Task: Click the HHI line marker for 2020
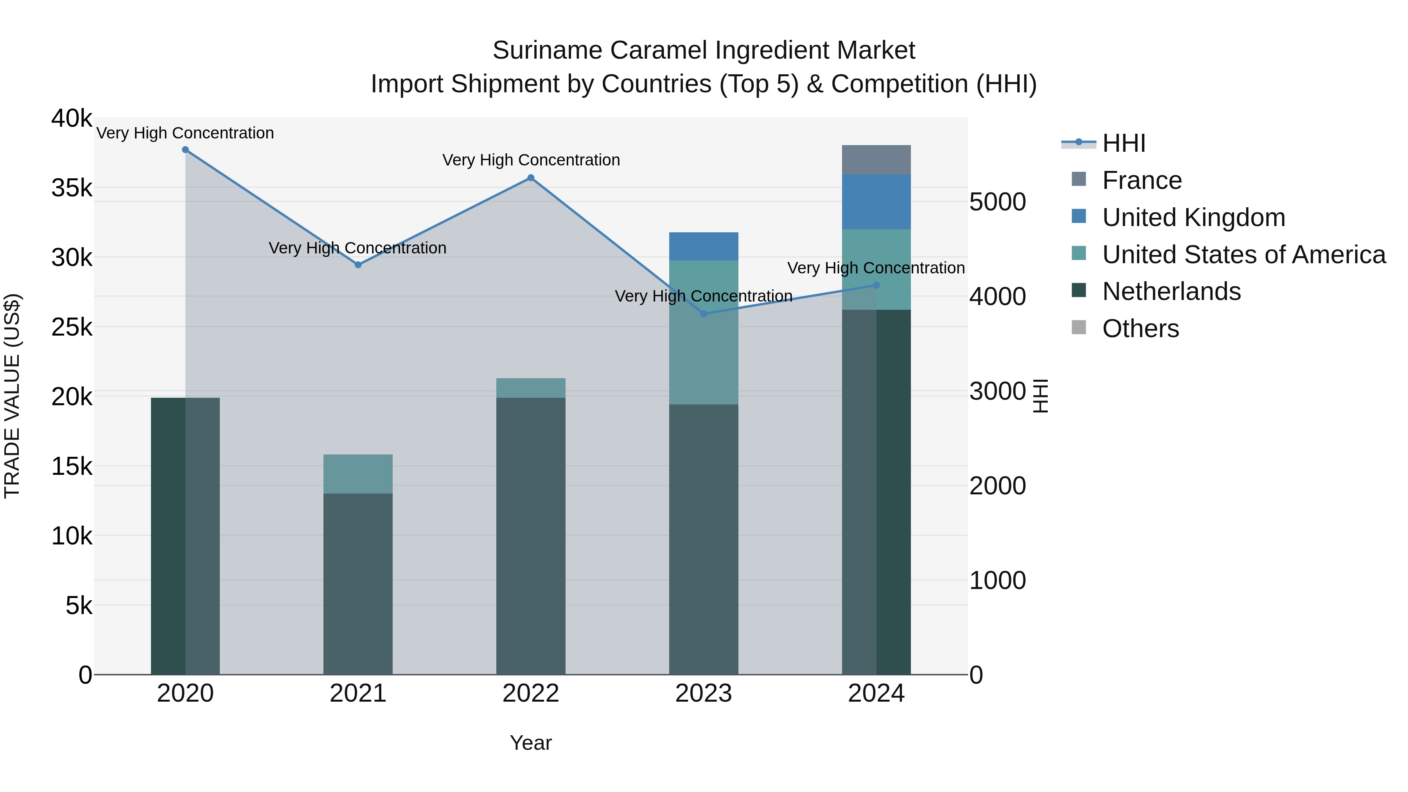[x=185, y=150]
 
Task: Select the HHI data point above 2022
[x=531, y=178]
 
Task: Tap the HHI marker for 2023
[x=704, y=314]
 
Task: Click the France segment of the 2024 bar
[x=876, y=160]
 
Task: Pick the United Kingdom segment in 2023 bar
[x=704, y=246]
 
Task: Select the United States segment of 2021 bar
[x=358, y=474]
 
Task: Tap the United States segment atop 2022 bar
[x=531, y=388]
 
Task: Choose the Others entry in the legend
[x=1140, y=329]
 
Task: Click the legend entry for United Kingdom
[x=1193, y=217]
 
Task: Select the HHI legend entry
[x=1123, y=143]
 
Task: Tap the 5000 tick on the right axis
[x=997, y=202]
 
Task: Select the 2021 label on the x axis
[x=358, y=693]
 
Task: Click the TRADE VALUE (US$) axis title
[x=12, y=396]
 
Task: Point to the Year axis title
[x=531, y=743]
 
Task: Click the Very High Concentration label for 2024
[x=876, y=268]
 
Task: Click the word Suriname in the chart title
[x=548, y=50]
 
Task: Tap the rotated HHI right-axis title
[x=1041, y=396]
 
